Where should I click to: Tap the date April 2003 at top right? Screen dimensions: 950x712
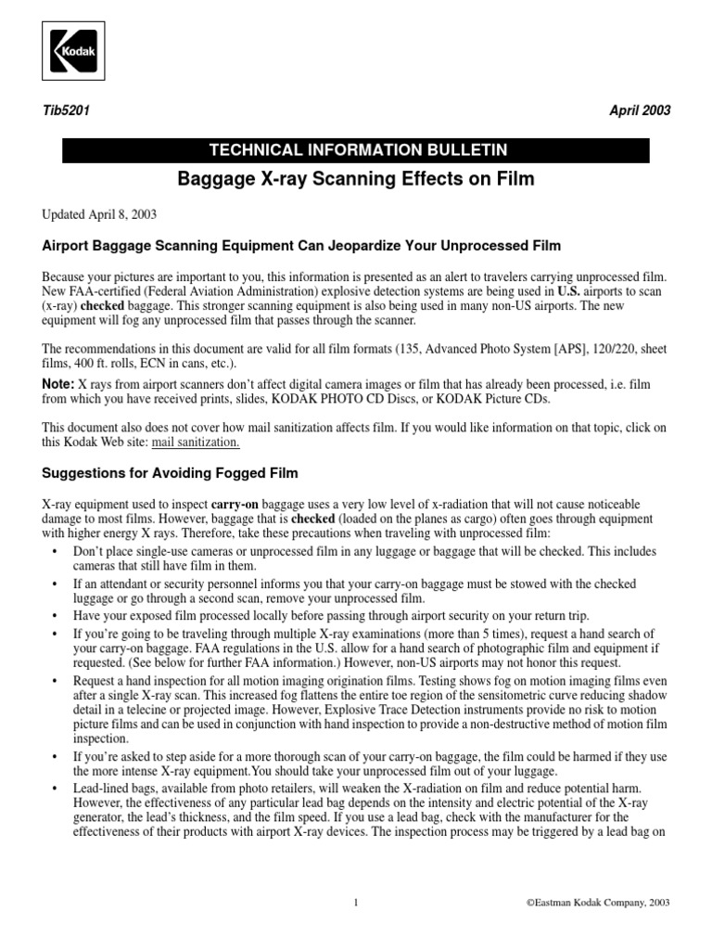[640, 110]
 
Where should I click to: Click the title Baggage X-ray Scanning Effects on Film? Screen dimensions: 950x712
[355, 178]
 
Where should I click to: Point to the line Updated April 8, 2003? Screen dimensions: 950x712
[99, 213]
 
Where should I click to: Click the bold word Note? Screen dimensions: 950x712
[58, 383]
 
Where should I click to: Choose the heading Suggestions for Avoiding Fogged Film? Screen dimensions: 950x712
[171, 473]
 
